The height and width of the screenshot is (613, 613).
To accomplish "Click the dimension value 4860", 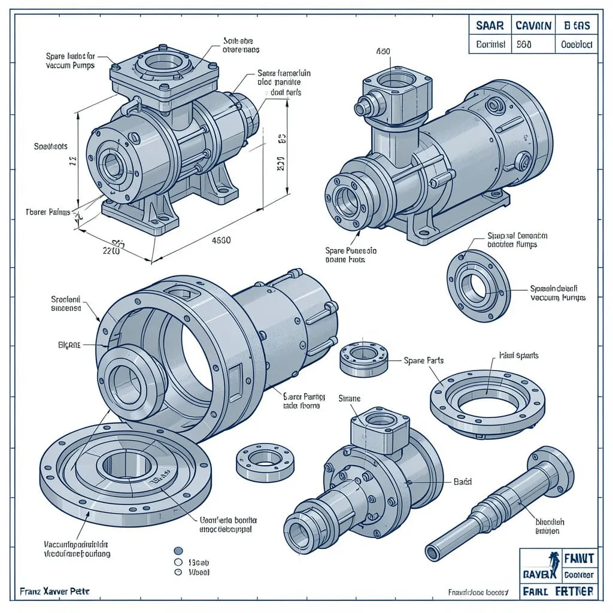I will click(221, 240).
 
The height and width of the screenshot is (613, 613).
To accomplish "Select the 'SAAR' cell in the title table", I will click(490, 26).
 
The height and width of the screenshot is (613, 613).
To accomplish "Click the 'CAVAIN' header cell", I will click(533, 26).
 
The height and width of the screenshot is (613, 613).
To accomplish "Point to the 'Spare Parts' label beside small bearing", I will click(424, 360).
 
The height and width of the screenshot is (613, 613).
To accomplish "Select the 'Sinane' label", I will click(350, 398).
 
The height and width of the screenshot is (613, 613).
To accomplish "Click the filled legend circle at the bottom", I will click(177, 551).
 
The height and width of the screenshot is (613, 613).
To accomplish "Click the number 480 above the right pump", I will click(383, 51).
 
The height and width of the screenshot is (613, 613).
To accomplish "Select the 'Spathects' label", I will click(51, 146).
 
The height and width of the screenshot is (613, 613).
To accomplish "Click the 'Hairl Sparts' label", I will click(518, 355).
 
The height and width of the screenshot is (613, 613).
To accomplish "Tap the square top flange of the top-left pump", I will click(162, 72).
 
